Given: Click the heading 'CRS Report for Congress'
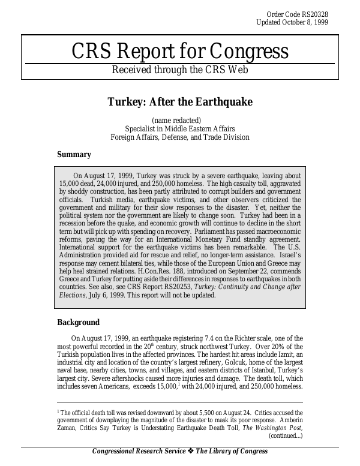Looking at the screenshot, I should click(x=180, y=52).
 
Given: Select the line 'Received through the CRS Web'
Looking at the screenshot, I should click(x=180, y=69).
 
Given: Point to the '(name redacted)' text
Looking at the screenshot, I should click(x=180, y=120).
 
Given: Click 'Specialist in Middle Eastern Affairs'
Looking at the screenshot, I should click(x=180, y=128).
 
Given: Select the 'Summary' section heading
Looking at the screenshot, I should click(x=74, y=155).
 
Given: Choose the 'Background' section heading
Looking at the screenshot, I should click(x=78, y=323).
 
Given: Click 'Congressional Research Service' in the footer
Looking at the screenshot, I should click(x=139, y=452).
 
